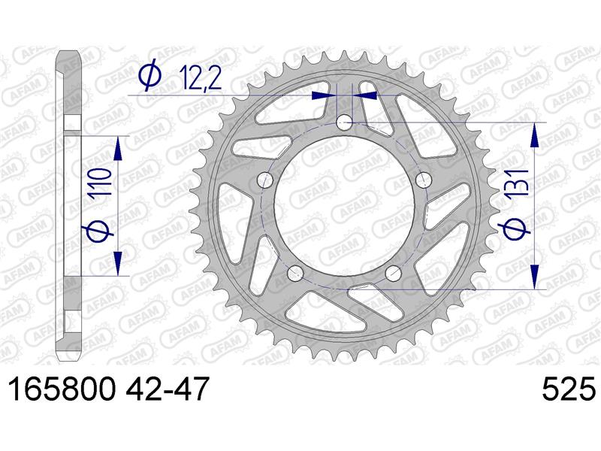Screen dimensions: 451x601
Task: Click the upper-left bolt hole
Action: [264, 180]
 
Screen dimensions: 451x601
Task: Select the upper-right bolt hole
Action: [424, 180]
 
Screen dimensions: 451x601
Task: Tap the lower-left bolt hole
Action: [295, 273]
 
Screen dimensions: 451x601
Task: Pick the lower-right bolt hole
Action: [394, 273]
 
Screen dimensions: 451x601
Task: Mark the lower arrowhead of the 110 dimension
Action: [118, 264]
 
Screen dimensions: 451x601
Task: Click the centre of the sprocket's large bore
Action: [344, 204]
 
